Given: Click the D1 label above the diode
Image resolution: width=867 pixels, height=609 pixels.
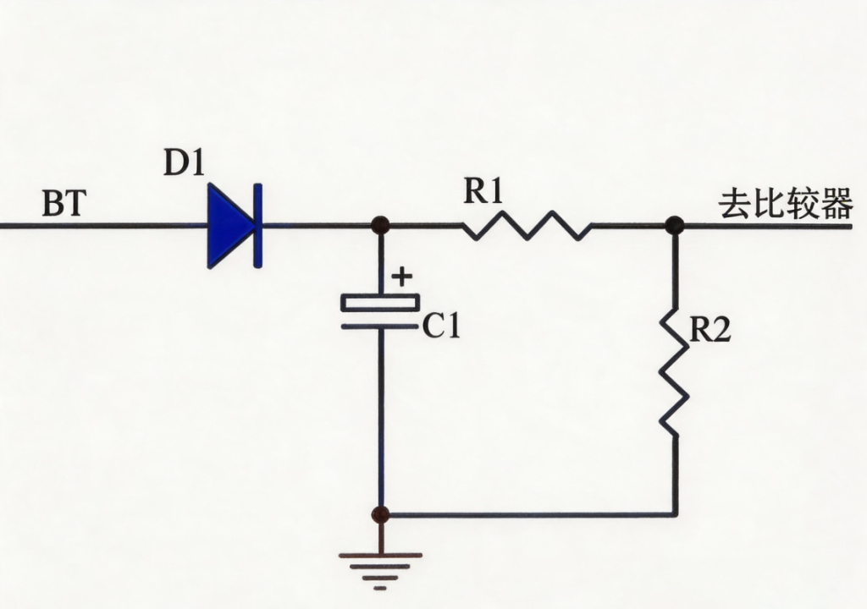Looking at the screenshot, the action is pos(184,163).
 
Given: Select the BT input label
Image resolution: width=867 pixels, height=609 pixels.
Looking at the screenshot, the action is pos(64,203).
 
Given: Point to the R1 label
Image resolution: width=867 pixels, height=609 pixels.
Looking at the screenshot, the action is pos(483,191).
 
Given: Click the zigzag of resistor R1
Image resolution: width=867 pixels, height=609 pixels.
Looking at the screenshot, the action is pos(527,226).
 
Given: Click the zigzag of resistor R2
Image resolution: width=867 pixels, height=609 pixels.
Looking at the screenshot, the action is pos(674,373).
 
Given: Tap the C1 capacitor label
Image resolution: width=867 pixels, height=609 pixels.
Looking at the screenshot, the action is pos(440,326).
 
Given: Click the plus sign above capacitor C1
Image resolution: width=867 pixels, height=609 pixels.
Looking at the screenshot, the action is pos(401,277).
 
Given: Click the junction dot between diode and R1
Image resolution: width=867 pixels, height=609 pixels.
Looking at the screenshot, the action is pos(380,225).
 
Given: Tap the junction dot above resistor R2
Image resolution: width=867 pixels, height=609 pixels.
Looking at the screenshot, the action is pos(674,225).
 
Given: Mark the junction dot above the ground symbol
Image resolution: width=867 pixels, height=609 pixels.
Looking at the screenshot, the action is pos(380,514).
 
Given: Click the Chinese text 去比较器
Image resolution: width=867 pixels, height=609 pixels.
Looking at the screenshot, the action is pos(785,203).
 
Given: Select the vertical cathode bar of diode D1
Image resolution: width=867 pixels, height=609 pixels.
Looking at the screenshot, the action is pos(257,226).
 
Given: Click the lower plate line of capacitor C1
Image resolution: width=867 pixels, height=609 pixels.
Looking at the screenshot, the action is pos(380,326).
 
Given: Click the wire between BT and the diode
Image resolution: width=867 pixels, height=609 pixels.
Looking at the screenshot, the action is pos(104,226).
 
